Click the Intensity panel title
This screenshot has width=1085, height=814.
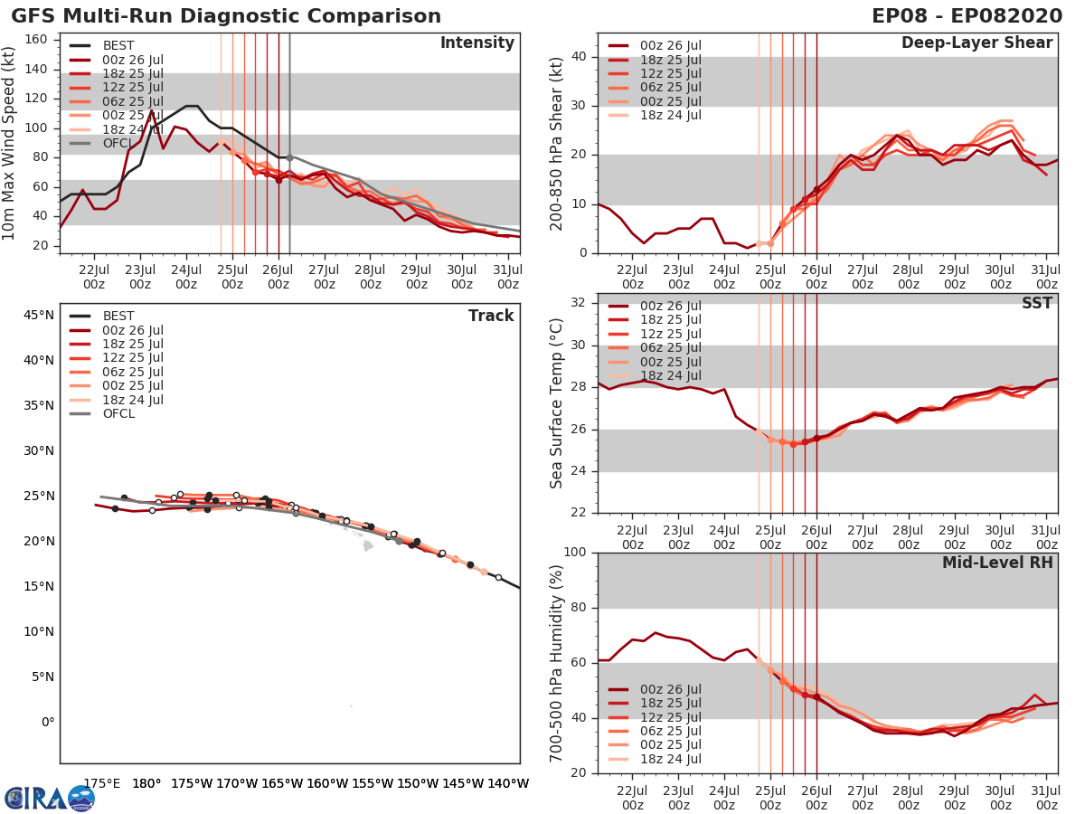(476, 43)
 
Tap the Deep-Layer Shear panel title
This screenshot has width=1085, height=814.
(976, 43)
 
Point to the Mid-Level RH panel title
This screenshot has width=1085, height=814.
(997, 563)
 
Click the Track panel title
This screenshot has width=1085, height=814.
(490, 316)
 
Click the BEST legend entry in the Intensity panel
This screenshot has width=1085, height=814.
(118, 45)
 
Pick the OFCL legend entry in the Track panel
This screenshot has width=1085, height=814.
(118, 413)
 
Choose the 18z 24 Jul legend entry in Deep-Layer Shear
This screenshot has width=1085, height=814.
(667, 115)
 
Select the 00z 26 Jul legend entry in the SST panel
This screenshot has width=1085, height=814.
(667, 306)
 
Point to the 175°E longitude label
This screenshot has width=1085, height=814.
(101, 783)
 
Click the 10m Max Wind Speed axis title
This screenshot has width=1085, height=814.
(11, 145)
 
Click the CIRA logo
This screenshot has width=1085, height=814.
(50, 798)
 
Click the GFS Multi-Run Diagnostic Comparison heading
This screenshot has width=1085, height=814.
(226, 16)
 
